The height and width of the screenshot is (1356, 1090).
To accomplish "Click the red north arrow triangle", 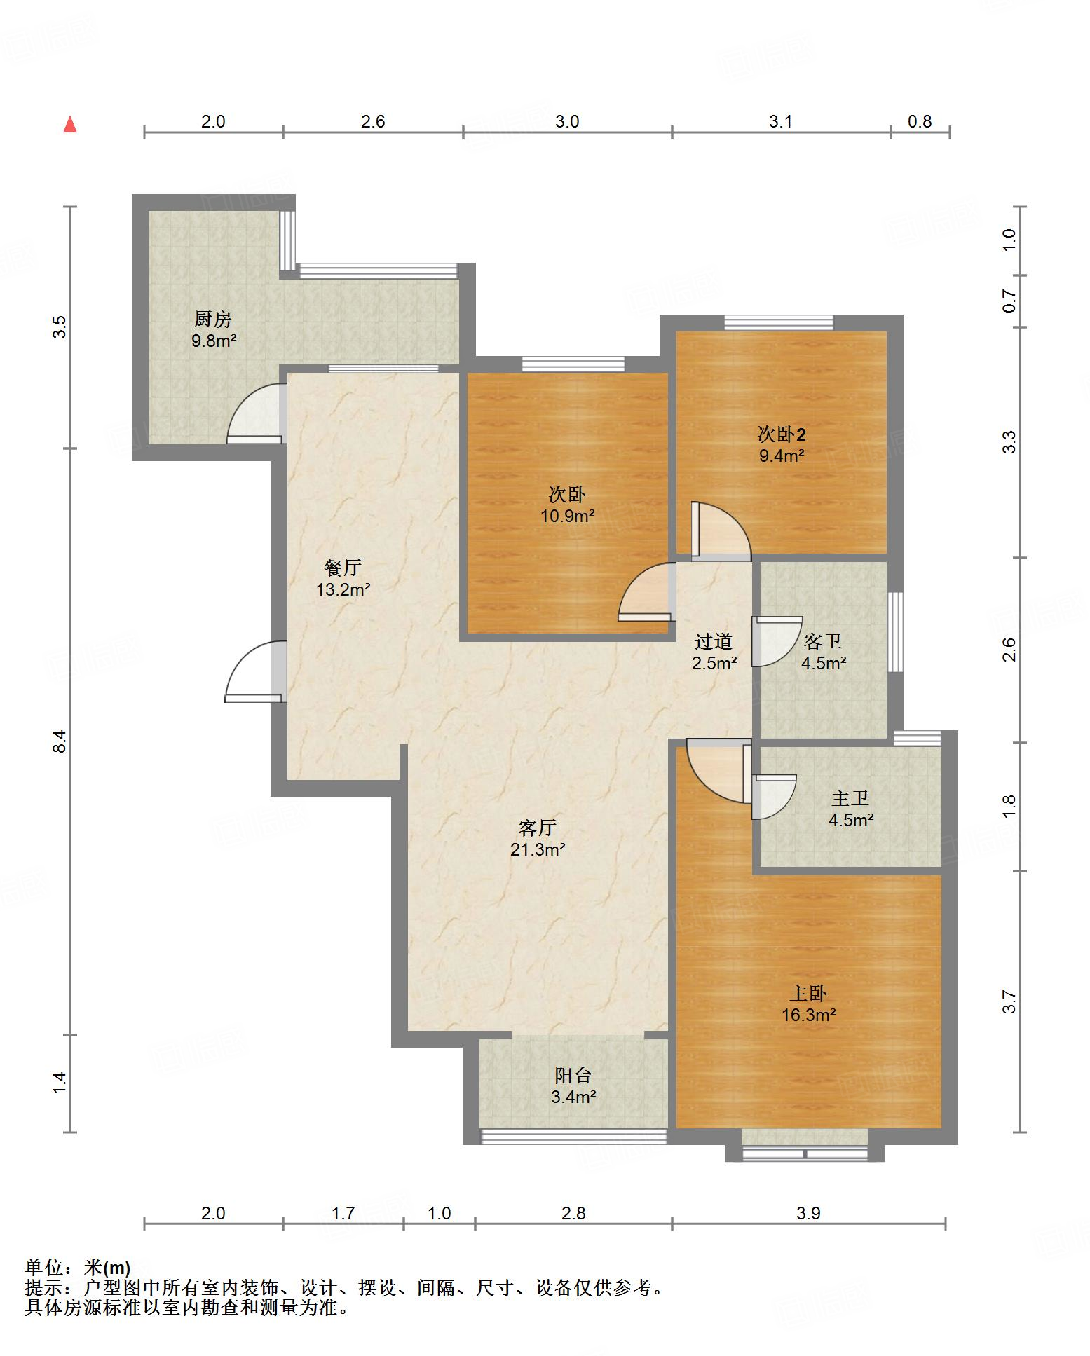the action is (x=70, y=125).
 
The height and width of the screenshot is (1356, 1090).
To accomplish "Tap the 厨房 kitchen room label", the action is (x=212, y=320).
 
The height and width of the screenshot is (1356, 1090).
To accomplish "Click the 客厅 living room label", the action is (x=538, y=828).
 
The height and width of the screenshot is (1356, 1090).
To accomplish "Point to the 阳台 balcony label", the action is (x=573, y=1076).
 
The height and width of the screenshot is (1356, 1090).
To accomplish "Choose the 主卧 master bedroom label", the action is (x=808, y=994).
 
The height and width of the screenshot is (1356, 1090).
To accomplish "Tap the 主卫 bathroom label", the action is (x=850, y=798).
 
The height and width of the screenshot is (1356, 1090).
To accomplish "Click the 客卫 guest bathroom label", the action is (x=823, y=641).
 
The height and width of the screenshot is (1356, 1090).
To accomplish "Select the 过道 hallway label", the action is (x=714, y=641).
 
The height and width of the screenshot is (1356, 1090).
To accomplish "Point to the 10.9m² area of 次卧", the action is (x=567, y=516).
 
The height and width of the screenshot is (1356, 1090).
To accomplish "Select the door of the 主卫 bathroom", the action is (x=774, y=796).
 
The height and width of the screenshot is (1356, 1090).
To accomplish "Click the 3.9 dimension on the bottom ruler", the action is (x=808, y=1213).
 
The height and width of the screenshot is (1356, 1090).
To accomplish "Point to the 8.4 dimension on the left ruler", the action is (x=61, y=741).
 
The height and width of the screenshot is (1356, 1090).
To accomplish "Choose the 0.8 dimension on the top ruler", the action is (x=920, y=121).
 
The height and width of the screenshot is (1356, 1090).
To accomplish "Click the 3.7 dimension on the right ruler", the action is (x=1009, y=1001).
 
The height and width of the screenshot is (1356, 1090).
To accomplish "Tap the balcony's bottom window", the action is (x=573, y=1137).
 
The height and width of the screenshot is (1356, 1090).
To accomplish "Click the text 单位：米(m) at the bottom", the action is (x=78, y=1268).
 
